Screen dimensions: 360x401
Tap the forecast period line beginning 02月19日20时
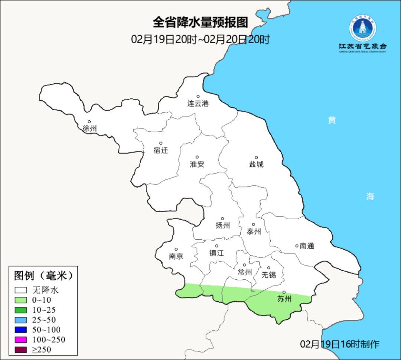pos(200,39)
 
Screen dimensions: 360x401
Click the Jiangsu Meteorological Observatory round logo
pos(362,28)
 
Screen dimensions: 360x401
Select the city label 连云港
pos(198,104)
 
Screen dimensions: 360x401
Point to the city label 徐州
pos(89,129)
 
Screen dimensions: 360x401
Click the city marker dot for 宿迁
pos(161,143)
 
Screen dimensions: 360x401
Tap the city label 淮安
pos(197,164)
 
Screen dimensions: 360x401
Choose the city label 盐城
pos(256,164)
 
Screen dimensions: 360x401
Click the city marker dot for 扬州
pos(222,218)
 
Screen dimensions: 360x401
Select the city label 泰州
pos(254,231)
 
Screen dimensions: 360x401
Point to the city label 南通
pos(307,246)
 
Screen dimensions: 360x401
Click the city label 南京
pos(176,256)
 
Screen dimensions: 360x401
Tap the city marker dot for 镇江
pos(216,246)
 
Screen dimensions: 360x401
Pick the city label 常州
pos(245,272)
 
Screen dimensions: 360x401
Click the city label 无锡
pos(269,275)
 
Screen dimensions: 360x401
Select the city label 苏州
pos(284,299)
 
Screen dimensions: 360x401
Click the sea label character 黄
pos(332,120)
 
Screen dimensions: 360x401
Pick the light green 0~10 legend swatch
pos(21,300)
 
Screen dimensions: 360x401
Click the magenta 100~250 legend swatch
pos(21,340)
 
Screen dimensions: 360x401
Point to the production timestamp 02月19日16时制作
pos(340,344)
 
